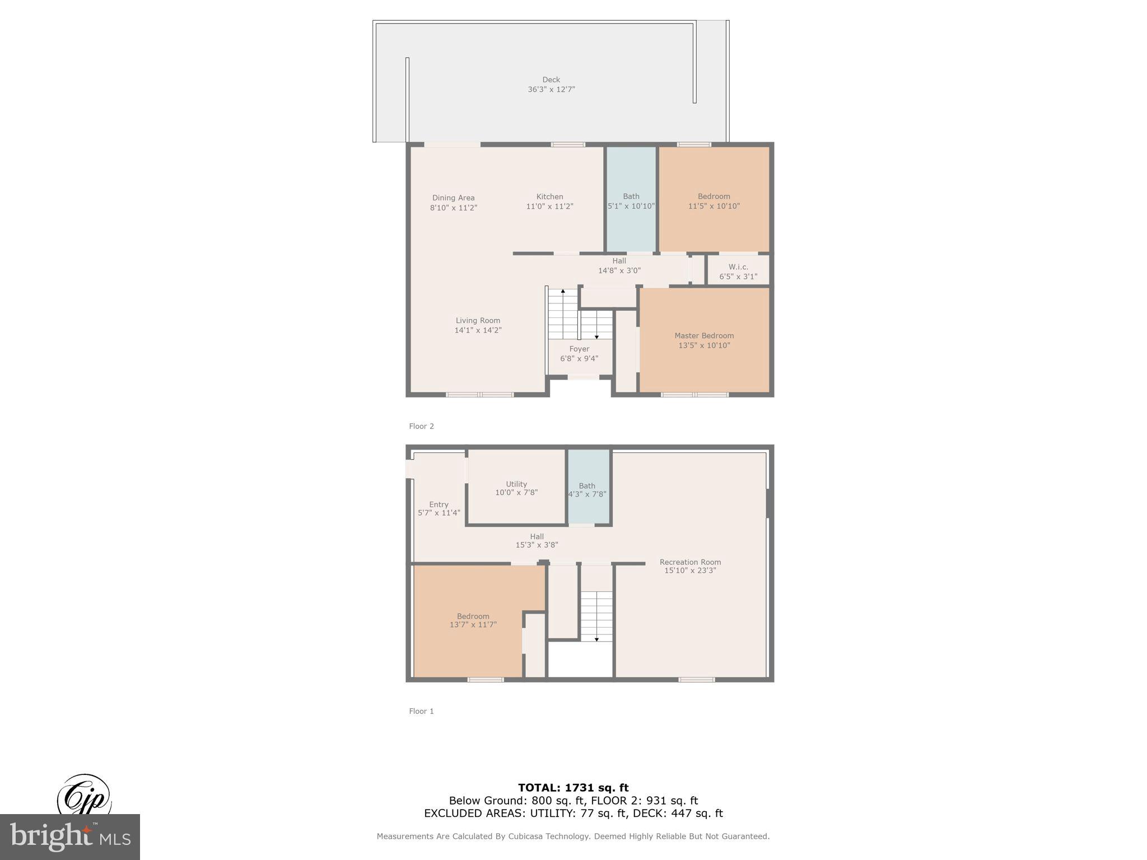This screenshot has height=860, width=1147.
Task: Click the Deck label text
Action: click(551, 80)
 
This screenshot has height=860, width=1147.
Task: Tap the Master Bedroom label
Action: click(703, 335)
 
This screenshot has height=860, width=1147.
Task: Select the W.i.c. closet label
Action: click(738, 267)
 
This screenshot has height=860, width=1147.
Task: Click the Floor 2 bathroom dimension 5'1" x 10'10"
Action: click(631, 206)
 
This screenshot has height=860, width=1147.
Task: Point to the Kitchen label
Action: click(549, 197)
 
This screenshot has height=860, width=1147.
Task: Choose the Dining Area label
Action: click(453, 198)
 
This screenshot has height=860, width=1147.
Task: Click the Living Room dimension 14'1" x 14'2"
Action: click(478, 330)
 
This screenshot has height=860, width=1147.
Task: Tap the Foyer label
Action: click(579, 349)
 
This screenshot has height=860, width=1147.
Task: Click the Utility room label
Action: click(516, 484)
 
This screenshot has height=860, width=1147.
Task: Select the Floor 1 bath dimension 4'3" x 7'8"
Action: click(587, 494)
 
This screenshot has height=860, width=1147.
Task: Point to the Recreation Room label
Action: click(690, 562)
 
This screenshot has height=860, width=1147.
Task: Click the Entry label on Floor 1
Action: click(439, 504)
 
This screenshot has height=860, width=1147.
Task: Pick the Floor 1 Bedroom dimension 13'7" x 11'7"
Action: click(473, 625)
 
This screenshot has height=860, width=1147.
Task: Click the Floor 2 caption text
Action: click(421, 426)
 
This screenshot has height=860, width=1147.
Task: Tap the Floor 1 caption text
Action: click(421, 711)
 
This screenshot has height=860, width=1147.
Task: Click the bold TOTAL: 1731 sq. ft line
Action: click(573, 788)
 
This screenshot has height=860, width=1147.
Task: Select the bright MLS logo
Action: click(70, 836)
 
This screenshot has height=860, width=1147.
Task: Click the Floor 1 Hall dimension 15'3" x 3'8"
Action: click(537, 545)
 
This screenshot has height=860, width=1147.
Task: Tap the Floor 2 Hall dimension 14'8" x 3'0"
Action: click(619, 270)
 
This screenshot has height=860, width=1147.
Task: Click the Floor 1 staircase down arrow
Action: click(596, 639)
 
